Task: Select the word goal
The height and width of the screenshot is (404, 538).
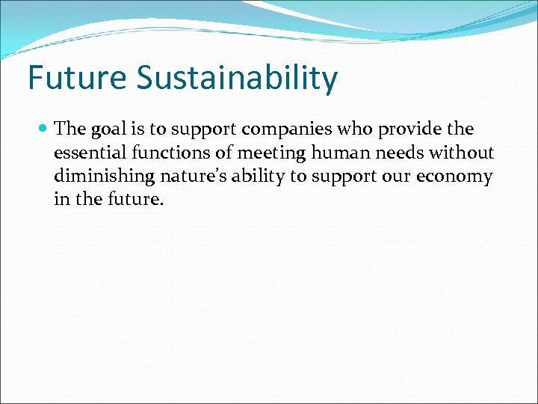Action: click(x=109, y=130)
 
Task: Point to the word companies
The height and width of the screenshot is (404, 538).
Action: click(x=279, y=130)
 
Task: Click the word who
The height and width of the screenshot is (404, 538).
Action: click(x=355, y=129)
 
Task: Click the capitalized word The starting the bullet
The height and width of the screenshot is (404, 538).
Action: click(x=71, y=129)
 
